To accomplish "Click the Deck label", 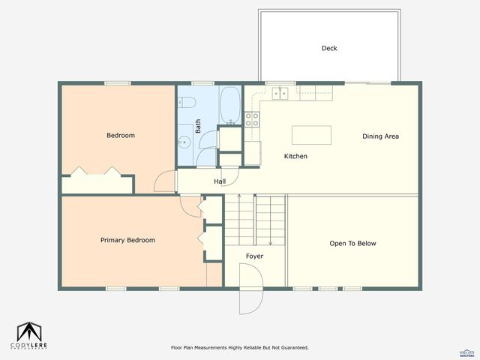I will tap(329, 48).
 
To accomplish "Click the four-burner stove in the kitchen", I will tap(253, 118).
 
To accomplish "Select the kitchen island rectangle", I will tap(311, 135).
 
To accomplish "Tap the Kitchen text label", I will tap(295, 156).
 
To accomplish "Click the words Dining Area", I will tap(380, 136).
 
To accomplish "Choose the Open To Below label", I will tap(352, 243).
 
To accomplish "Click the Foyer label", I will tap(255, 256).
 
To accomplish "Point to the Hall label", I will tap(220, 181).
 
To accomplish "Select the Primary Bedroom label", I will tap(127, 240).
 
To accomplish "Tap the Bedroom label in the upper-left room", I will tap(120, 135).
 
